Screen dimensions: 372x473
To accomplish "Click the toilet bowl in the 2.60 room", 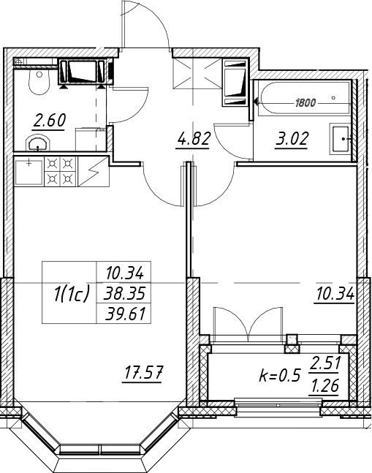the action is tap(39, 81).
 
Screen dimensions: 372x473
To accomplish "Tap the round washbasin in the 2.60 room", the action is tap(37, 143).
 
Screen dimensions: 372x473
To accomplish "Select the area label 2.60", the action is tap(50, 121).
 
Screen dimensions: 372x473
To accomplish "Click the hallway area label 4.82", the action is tap(193, 139).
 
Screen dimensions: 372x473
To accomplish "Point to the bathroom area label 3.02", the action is tap(292, 139).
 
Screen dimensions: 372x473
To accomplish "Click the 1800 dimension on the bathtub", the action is tap(305, 103).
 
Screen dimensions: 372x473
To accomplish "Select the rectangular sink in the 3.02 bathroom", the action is tap(341, 139).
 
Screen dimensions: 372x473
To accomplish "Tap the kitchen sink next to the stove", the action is tap(29, 172).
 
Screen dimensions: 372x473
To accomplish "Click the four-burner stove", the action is tap(61, 171).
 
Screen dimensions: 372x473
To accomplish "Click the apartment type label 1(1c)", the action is tap(72, 293).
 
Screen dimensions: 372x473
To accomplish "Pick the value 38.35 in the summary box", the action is tap(124, 293).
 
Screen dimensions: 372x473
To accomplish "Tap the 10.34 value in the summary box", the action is tap(124, 273).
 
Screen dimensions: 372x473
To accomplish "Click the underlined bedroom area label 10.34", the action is tap(335, 293).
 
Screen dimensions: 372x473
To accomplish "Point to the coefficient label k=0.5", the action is tap(280, 376).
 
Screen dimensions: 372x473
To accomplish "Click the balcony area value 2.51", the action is tap(325, 364).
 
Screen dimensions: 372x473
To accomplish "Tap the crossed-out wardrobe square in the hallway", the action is tap(197, 73).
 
